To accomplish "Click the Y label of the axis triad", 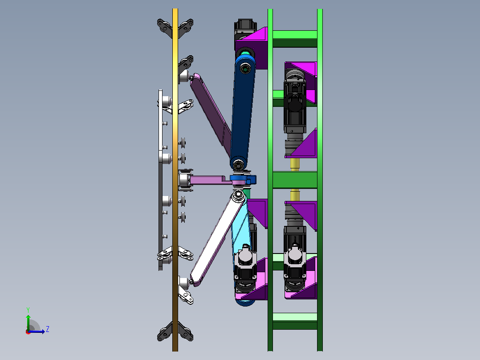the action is click(x=28, y=310).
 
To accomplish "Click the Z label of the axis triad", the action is click(x=48, y=329).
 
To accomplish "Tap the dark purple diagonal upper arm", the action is click(x=211, y=113).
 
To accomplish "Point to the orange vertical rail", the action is click(x=175, y=180).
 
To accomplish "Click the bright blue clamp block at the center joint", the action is click(x=242, y=179).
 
